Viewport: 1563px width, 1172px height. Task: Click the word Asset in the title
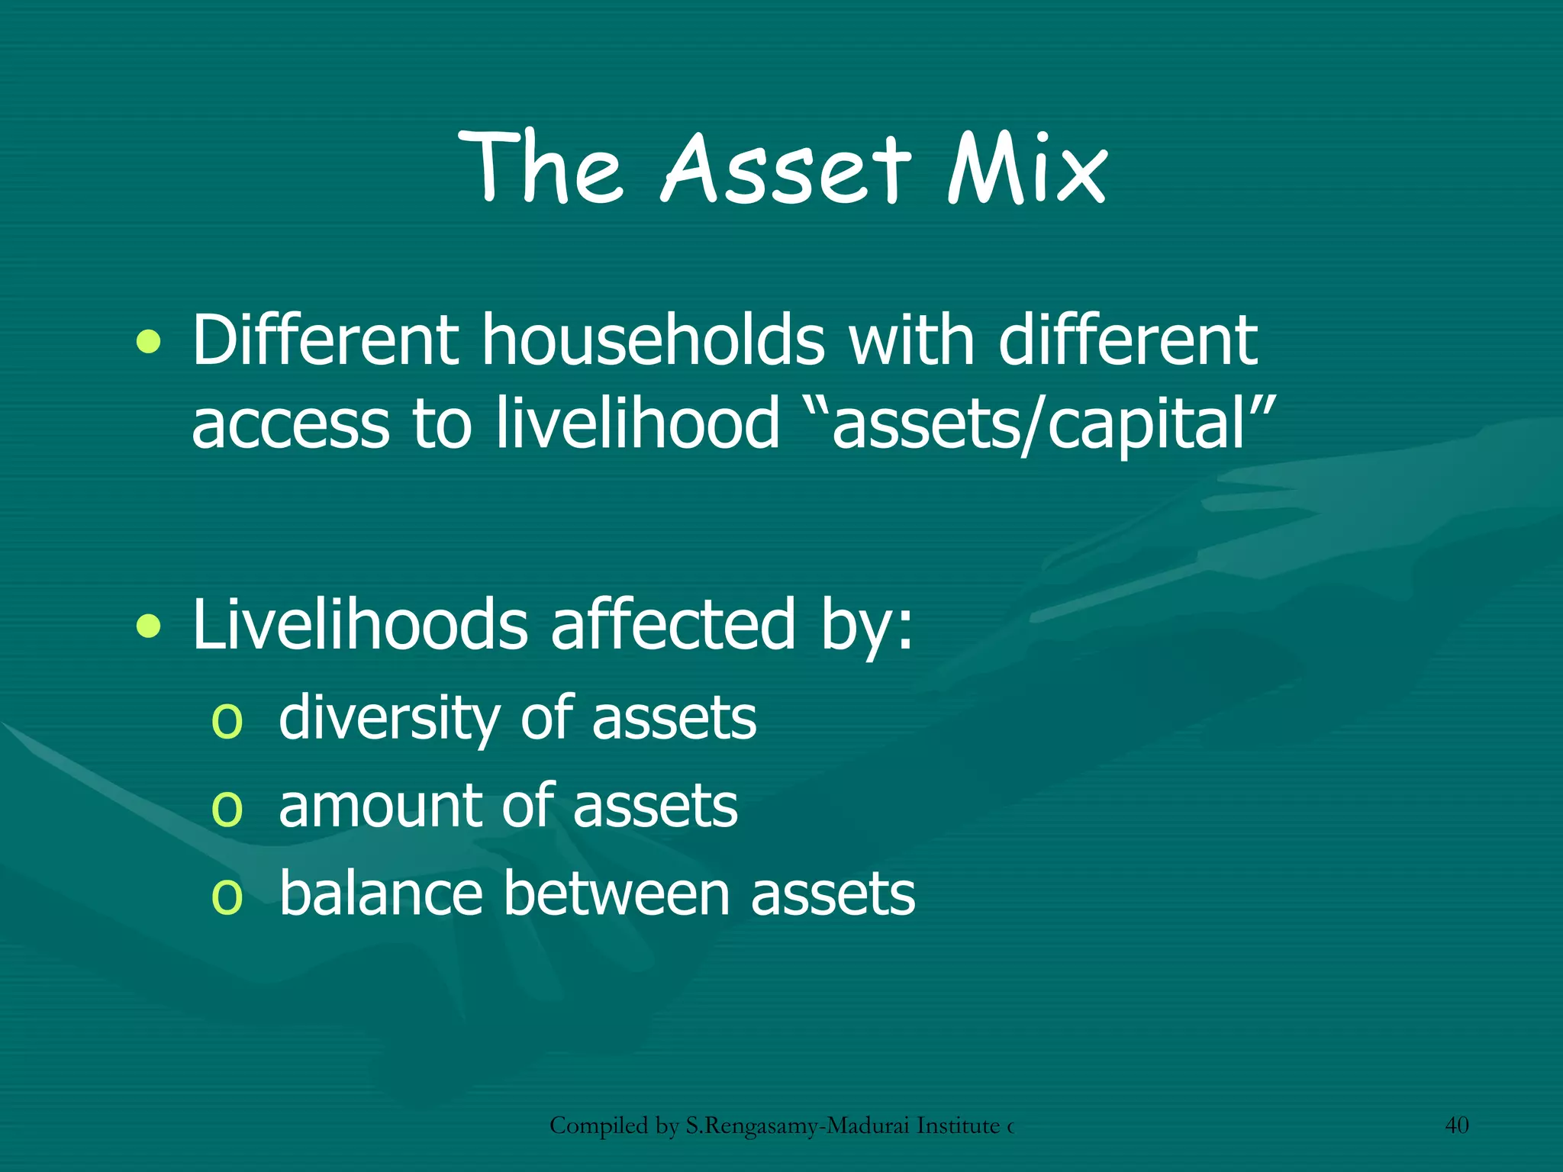(x=786, y=169)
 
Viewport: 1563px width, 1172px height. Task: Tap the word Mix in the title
(x=1026, y=169)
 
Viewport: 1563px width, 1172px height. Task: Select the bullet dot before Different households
(x=149, y=343)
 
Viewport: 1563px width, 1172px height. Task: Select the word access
(x=290, y=426)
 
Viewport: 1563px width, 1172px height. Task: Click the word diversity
(x=389, y=719)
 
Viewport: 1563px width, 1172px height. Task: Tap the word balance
(x=381, y=894)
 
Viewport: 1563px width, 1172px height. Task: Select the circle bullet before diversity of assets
(x=227, y=721)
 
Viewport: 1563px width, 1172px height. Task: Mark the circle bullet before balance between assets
(x=227, y=897)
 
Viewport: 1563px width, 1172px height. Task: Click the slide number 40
(x=1457, y=1125)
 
